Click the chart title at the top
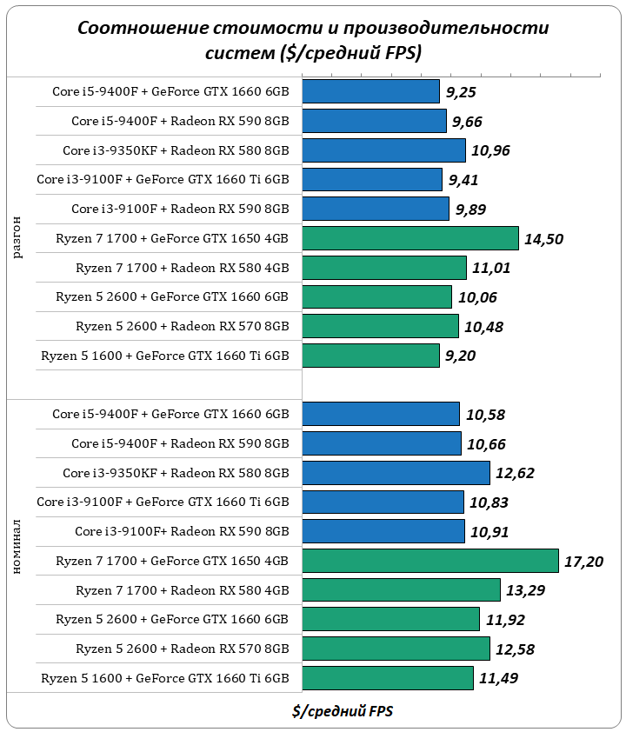point(313,40)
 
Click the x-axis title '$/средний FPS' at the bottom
point(343,710)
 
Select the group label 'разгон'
point(19,238)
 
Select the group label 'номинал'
point(19,546)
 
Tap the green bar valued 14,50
point(410,238)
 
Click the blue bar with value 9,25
point(370,91)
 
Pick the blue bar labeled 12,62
point(396,473)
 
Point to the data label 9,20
point(462,356)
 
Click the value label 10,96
point(490,150)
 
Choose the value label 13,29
point(525,591)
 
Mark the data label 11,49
point(498,678)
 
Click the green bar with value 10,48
point(380,326)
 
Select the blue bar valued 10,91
point(383,531)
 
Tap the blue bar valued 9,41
point(372,180)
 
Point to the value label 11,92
point(504,620)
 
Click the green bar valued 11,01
point(384,268)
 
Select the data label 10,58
point(484,414)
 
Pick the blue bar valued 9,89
point(376,209)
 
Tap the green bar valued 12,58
point(396,649)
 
